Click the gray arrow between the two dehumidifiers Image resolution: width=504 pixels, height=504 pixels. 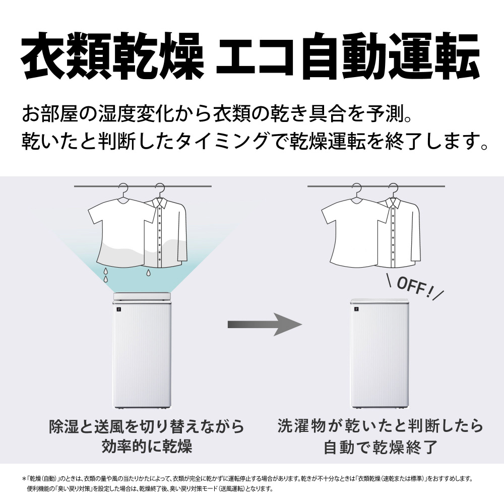[265, 324]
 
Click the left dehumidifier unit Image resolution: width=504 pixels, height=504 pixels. [142, 350]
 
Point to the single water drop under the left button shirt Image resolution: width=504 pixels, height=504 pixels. [148, 273]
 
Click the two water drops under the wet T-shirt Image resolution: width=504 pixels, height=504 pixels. [105, 275]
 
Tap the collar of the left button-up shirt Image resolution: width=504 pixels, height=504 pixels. [160, 202]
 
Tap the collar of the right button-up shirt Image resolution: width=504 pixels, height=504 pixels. [394, 202]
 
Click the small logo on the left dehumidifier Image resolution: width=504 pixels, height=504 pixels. [118, 309]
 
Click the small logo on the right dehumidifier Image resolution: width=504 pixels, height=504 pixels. [356, 309]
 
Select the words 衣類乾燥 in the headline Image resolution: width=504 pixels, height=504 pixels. [112, 55]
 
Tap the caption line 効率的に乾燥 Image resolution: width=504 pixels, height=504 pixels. [147, 447]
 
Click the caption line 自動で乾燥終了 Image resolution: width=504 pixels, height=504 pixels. [381, 447]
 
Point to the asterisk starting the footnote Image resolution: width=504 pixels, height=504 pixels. [24, 479]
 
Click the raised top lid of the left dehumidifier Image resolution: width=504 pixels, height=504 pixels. [142, 296]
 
